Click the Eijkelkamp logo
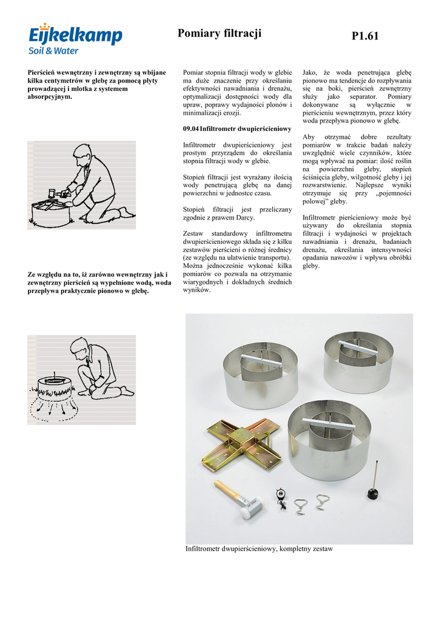[75, 38]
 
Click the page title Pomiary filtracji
[219, 33]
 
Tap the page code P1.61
[364, 36]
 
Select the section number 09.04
[190, 129]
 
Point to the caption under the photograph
[259, 549]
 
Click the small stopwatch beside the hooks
[281, 495]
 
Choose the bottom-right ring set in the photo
[329, 438]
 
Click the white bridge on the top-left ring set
[259, 355]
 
